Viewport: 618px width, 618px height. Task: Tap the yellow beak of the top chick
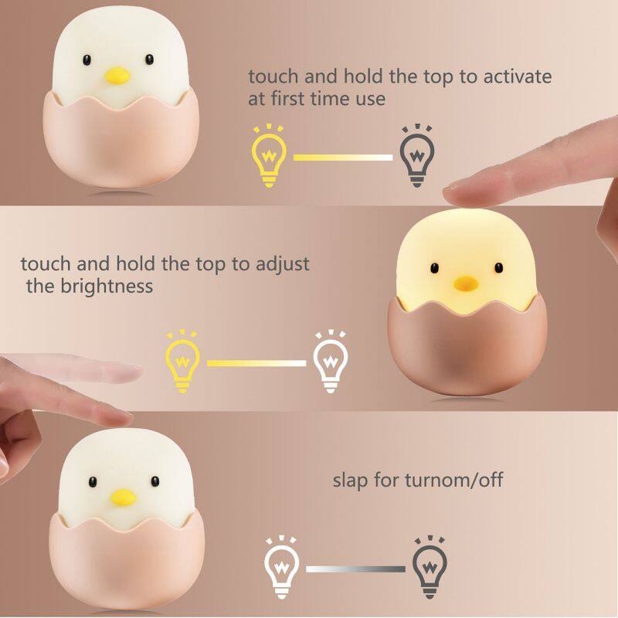click(x=117, y=76)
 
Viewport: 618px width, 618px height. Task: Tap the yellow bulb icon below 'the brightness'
click(x=183, y=362)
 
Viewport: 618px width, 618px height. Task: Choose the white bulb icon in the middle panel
click(x=330, y=362)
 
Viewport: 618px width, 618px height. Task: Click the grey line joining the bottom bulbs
click(x=355, y=569)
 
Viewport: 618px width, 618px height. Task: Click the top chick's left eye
click(x=87, y=60)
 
